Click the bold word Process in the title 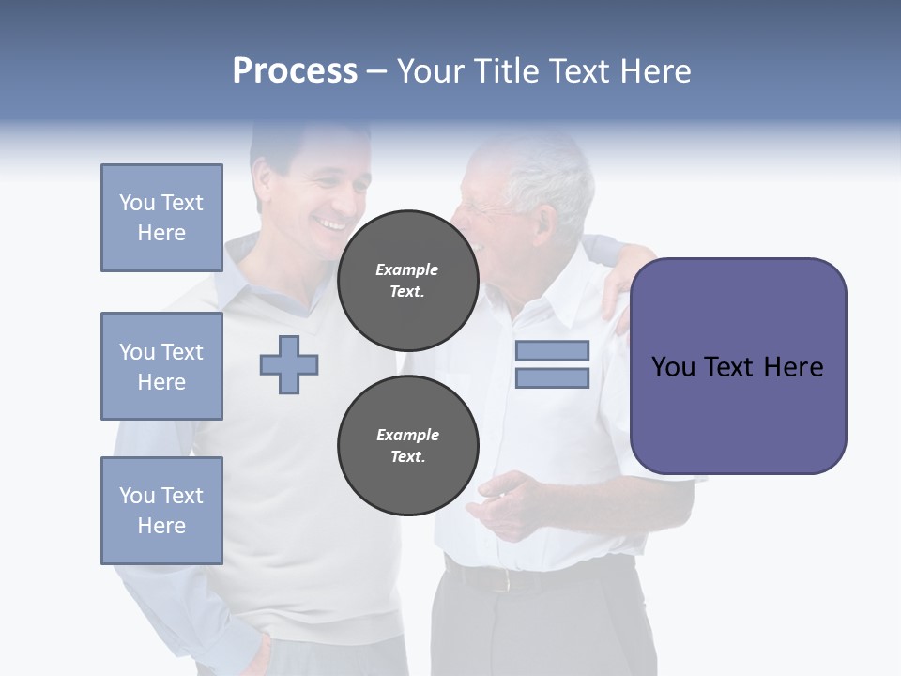[x=295, y=71]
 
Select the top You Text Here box [x=161, y=218]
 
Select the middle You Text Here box [x=161, y=366]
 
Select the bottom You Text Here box [x=161, y=511]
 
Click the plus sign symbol [x=289, y=364]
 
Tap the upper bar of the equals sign [x=552, y=350]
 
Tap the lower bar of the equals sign [x=552, y=377]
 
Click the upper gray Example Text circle [x=407, y=280]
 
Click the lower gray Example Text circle [x=407, y=445]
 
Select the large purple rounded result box [x=738, y=366]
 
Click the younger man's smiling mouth [x=330, y=225]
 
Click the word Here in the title [x=653, y=71]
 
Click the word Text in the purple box [x=738, y=366]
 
